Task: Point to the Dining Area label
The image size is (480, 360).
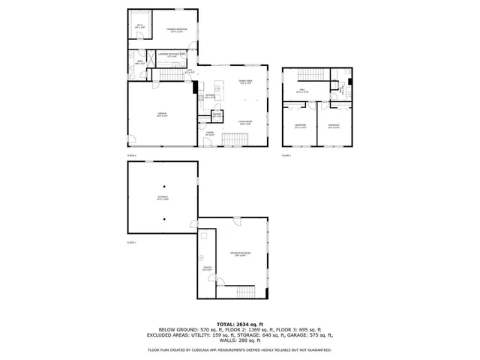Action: (244, 82)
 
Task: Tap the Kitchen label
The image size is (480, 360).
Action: (210, 97)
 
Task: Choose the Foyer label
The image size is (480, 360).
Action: (210, 133)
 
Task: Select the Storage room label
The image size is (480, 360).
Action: (163, 198)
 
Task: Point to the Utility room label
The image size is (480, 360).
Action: (207, 268)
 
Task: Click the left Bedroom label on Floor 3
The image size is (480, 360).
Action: (300, 126)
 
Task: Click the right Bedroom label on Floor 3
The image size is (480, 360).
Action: (334, 126)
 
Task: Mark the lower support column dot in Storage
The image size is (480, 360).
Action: (163, 218)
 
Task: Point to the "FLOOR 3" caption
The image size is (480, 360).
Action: (286, 154)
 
